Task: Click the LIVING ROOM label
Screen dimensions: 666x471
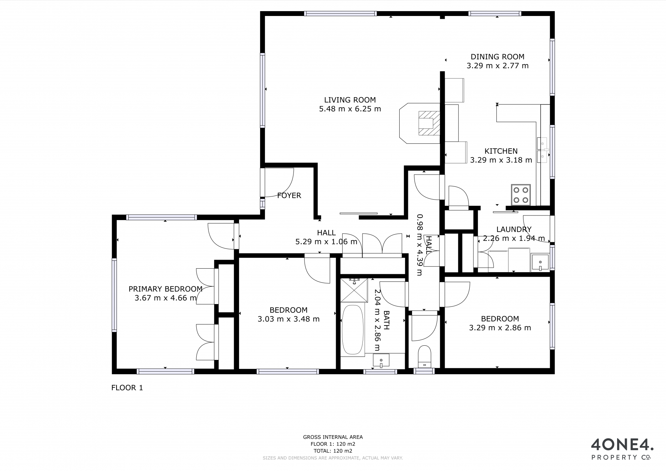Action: tap(350, 100)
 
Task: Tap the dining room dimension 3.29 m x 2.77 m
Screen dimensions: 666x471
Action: tap(497, 66)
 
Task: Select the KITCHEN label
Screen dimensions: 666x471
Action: tap(501, 151)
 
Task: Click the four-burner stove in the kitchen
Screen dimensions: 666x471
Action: tap(521, 195)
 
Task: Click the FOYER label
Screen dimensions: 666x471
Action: tap(289, 195)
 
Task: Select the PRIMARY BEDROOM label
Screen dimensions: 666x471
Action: tap(165, 289)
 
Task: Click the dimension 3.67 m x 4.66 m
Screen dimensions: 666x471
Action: tap(165, 298)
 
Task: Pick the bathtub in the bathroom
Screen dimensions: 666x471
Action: tap(353, 330)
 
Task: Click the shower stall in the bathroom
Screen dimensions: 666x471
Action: tap(354, 290)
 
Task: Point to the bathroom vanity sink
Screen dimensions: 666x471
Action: tap(381, 360)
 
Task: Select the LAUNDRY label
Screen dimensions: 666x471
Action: tap(514, 229)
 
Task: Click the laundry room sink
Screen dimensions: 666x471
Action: tap(540, 262)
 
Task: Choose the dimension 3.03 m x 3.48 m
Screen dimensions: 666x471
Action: tap(289, 319)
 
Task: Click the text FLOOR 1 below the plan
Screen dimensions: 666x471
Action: tap(127, 388)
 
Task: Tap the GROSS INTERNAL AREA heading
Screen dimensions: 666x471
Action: tap(333, 437)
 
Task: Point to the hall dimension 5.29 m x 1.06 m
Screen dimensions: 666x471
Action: tap(326, 242)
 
